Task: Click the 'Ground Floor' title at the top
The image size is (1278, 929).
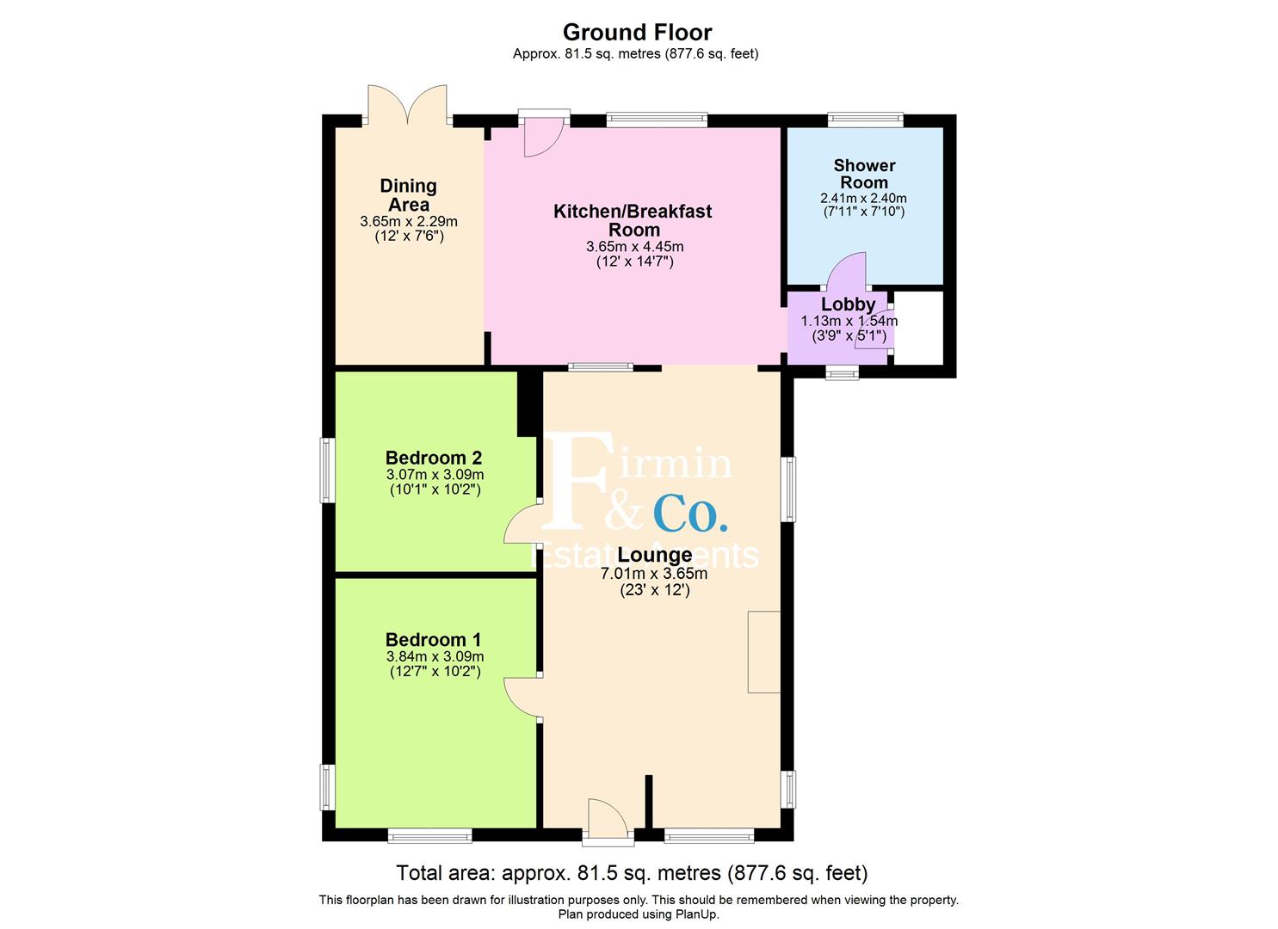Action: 637,33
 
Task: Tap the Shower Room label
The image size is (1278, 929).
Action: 864,174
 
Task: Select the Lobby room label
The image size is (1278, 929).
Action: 848,305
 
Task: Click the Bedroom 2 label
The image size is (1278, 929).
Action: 434,458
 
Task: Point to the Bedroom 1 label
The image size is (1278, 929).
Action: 434,640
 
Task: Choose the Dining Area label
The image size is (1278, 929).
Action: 409,195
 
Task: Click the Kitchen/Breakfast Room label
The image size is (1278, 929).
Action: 633,220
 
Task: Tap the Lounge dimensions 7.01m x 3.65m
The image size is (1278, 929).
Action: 654,574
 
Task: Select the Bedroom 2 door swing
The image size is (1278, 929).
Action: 522,525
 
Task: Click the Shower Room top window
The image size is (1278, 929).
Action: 865,120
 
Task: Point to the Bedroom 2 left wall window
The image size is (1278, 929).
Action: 327,470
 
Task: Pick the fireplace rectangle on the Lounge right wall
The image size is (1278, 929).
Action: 764,651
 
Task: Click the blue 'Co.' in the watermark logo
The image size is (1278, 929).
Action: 690,514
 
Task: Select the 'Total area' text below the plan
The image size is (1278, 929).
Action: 632,873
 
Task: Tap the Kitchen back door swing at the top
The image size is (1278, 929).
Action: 542,137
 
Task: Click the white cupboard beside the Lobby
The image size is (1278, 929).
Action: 918,327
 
